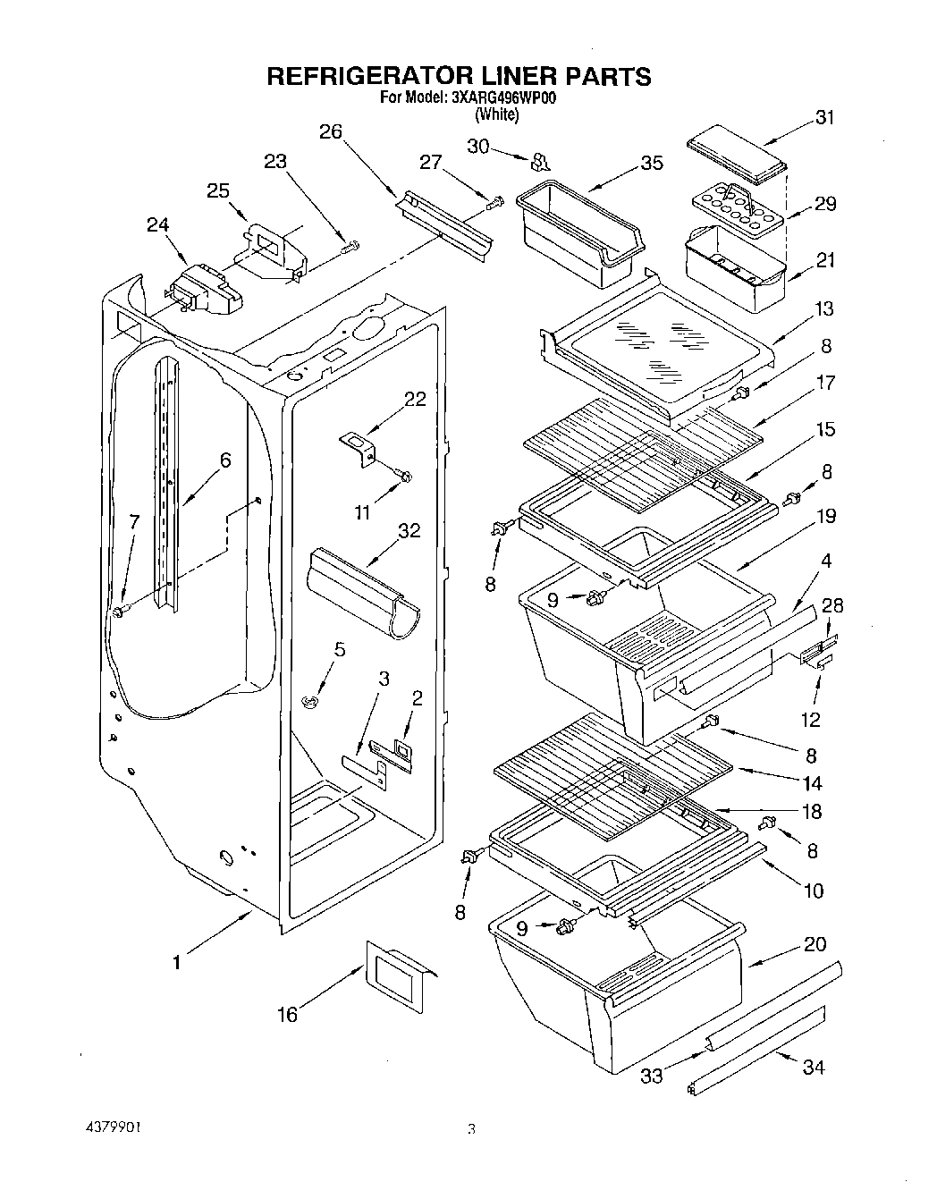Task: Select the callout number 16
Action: [287, 1014]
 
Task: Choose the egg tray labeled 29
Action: [736, 207]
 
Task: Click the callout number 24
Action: [157, 226]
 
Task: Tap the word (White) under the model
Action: [496, 114]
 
